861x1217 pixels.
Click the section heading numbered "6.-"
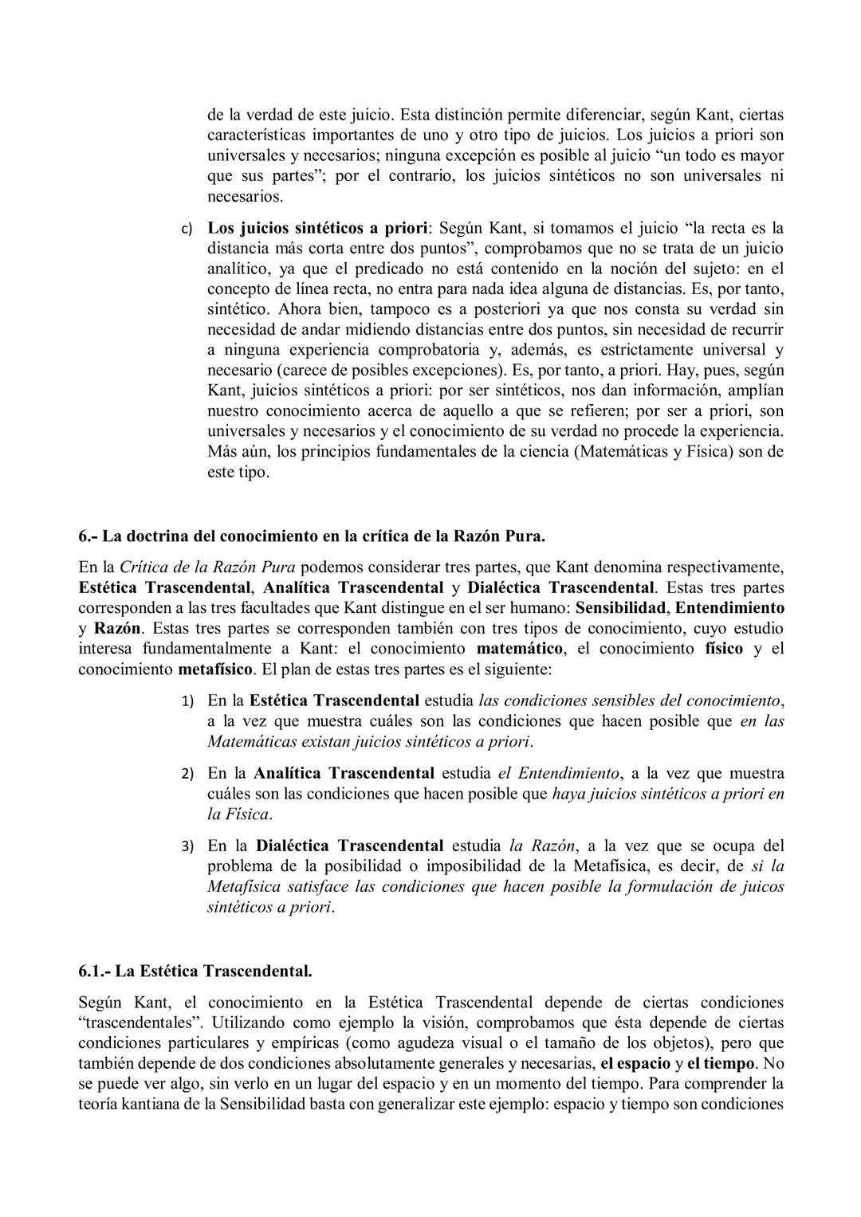tap(312, 536)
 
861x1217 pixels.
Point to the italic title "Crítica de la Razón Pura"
tap(207, 567)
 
